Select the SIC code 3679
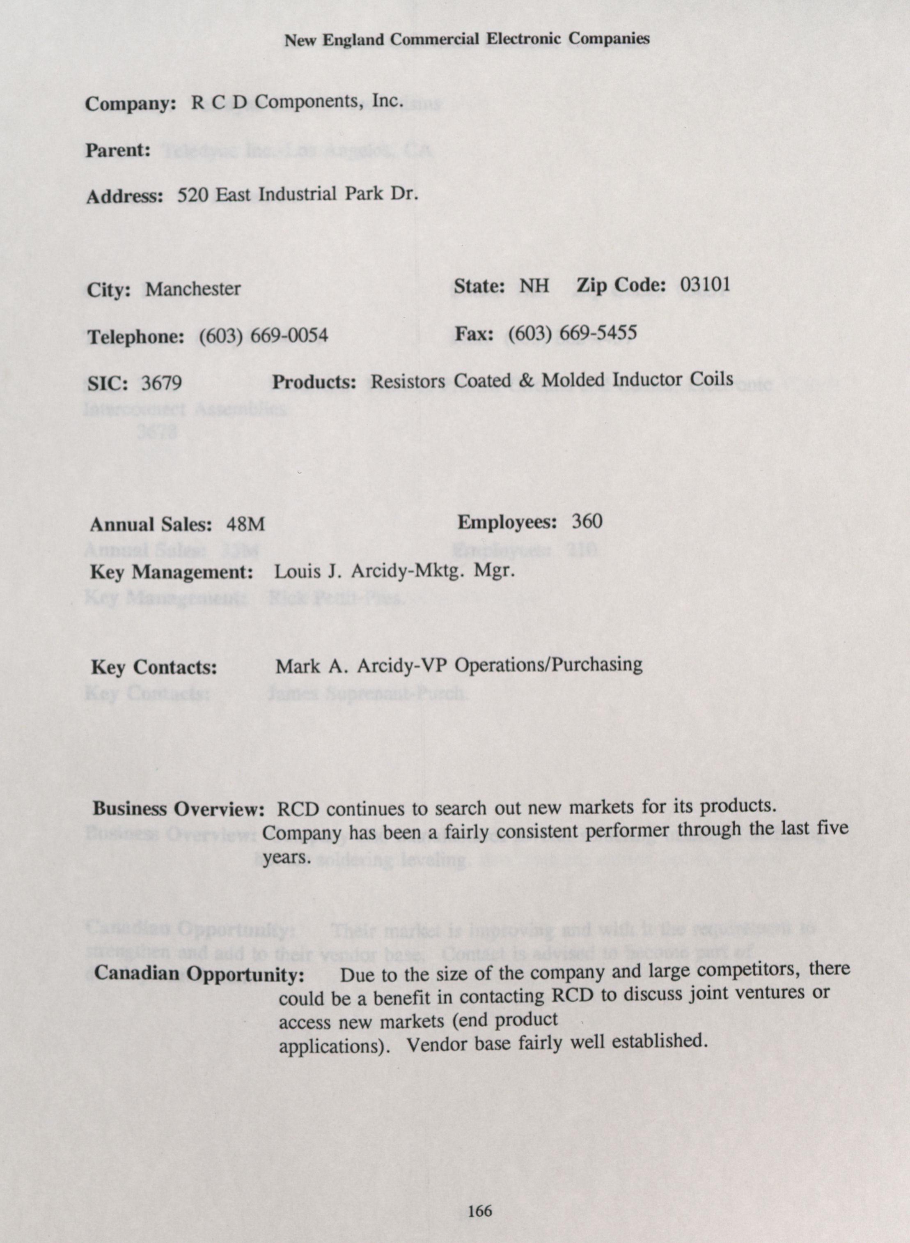pos(161,382)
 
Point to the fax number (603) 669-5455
pos(572,332)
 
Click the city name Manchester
pos(193,289)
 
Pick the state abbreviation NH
pos(534,285)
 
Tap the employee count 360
pos(587,521)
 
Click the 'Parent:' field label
pos(118,150)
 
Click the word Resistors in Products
pos(408,381)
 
